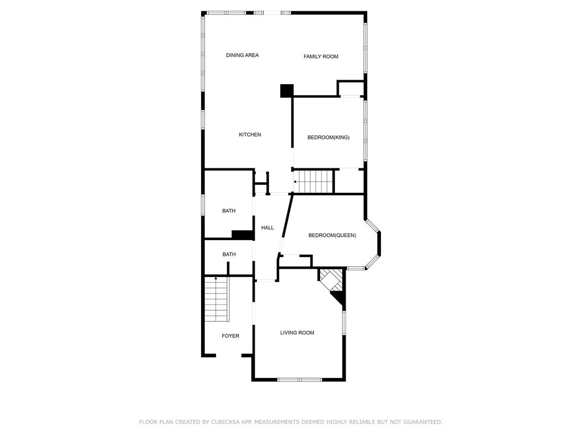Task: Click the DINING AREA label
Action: (x=242, y=55)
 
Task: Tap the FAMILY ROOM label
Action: (x=321, y=57)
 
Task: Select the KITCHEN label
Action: (x=250, y=135)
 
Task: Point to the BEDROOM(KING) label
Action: (x=329, y=138)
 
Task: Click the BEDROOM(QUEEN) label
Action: (x=332, y=235)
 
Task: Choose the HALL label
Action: (x=267, y=228)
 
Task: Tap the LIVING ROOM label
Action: (x=297, y=333)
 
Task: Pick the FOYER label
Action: (x=231, y=336)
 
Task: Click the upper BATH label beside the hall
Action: (x=228, y=211)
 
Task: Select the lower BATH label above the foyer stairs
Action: (x=229, y=254)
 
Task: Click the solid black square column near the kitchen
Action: (x=287, y=91)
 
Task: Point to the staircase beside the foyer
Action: (x=217, y=299)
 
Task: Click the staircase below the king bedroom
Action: (x=314, y=182)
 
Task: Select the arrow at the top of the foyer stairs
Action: (x=216, y=278)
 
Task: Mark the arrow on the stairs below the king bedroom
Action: (x=295, y=182)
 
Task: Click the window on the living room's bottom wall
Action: (x=300, y=380)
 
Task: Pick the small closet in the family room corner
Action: (x=350, y=89)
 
